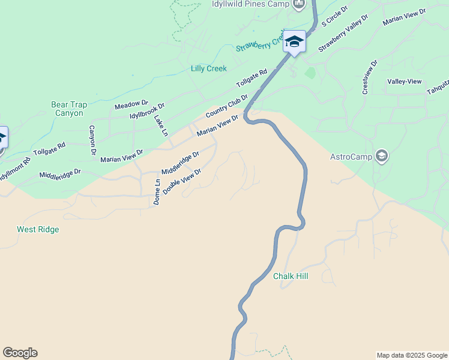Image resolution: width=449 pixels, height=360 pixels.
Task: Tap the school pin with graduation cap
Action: pyautogui.click(x=294, y=42)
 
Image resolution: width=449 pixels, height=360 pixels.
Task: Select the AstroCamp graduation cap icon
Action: pyautogui.click(x=381, y=157)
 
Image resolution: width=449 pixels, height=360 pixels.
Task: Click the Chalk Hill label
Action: pyautogui.click(x=291, y=277)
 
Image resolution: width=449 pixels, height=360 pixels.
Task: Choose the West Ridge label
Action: pyautogui.click(x=38, y=229)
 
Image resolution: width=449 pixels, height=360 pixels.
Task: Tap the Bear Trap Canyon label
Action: pyautogui.click(x=69, y=109)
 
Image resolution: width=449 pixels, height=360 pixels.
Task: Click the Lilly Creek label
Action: pyautogui.click(x=209, y=68)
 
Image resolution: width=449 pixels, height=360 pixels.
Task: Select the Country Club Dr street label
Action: pyautogui.click(x=226, y=106)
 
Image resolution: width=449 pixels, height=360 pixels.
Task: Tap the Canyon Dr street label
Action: pyautogui.click(x=92, y=140)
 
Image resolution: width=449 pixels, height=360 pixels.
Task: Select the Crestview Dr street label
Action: pyautogui.click(x=369, y=76)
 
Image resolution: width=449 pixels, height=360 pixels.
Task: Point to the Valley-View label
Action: pyautogui.click(x=404, y=82)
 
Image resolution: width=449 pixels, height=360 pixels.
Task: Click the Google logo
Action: pyautogui.click(x=20, y=353)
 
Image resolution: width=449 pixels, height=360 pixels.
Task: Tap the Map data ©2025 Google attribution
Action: pyautogui.click(x=412, y=355)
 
